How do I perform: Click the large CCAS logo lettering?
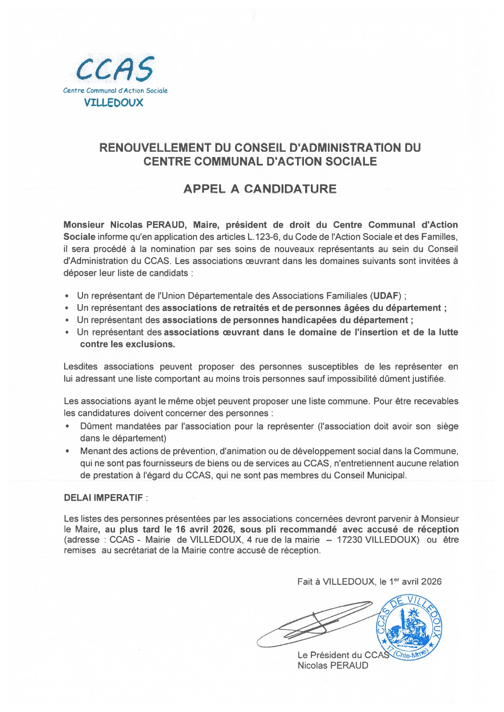(115, 69)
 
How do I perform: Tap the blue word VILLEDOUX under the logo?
(114, 103)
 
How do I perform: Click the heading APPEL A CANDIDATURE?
(260, 189)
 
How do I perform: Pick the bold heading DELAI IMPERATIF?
(103, 498)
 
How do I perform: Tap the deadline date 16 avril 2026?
(205, 529)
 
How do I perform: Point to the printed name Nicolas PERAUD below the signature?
(333, 665)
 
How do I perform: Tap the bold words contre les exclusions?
(127, 344)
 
